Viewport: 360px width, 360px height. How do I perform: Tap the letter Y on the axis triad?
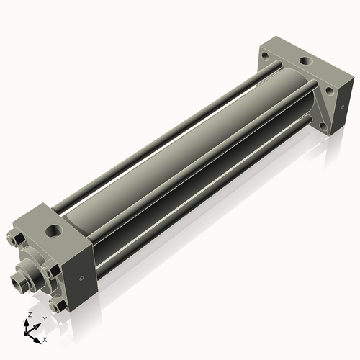(45, 318)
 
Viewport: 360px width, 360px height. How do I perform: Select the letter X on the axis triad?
(45, 338)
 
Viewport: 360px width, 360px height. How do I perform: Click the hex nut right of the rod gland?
(50, 271)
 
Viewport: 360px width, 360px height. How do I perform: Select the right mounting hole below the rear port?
(330, 91)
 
